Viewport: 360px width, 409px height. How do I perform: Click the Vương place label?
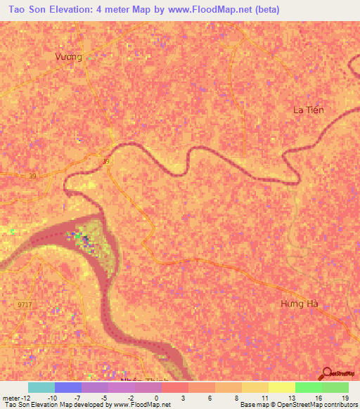pos(69,57)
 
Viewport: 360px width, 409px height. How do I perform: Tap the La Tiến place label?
pos(309,110)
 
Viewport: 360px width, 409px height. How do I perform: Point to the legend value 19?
pos(345,398)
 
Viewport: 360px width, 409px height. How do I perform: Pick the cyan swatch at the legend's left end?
pos(41,387)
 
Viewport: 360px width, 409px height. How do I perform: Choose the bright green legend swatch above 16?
pos(309,387)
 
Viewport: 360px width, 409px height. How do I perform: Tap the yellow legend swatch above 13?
pos(282,387)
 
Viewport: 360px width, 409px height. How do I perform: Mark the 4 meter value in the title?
pos(124,10)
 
